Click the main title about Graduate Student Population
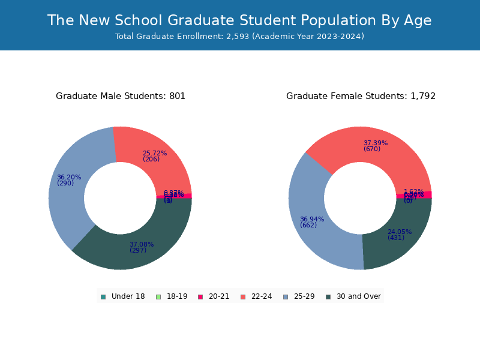click(239, 20)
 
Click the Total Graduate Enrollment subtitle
click(239, 37)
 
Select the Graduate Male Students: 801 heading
click(121, 96)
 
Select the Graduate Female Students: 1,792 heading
click(361, 96)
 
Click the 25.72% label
click(155, 154)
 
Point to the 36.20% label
click(69, 178)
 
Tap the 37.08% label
click(142, 245)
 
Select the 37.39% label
click(376, 143)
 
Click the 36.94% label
click(312, 220)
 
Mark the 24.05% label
click(400, 232)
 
